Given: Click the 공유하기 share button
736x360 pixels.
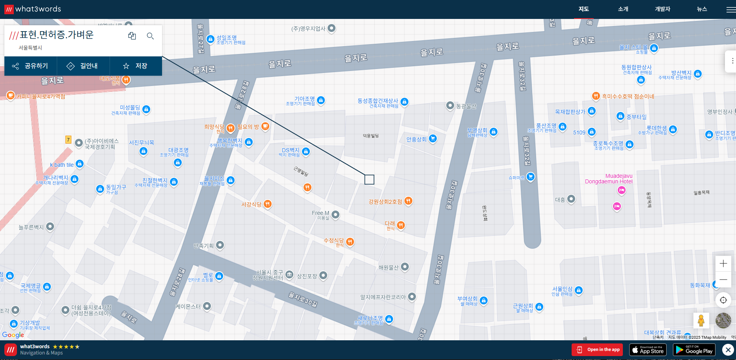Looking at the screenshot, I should [30, 66].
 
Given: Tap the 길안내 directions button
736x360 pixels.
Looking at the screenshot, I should [83, 66].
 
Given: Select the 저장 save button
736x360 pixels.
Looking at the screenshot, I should [135, 66].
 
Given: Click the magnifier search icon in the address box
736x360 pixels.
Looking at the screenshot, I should [150, 36].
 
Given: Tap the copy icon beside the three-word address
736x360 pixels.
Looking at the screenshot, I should [132, 36].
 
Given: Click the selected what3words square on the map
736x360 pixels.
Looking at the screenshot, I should [369, 179].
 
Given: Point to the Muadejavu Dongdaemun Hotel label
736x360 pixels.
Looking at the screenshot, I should [609, 179].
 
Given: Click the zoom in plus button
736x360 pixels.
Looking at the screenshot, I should [723, 263].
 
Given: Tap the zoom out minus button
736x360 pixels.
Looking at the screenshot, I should [723, 280].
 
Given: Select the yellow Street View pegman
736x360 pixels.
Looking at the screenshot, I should [701, 321].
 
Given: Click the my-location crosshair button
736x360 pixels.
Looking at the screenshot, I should [723, 300].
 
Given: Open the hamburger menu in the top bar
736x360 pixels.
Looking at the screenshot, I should [730, 9].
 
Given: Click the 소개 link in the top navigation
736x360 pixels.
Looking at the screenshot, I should [623, 9].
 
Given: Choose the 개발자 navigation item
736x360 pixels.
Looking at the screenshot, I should [662, 9].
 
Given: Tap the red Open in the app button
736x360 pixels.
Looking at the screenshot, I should [597, 350].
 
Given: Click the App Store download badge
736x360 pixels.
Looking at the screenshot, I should [648, 350].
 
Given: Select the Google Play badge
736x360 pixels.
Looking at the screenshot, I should [694, 350].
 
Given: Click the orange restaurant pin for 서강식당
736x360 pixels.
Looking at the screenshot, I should [268, 204].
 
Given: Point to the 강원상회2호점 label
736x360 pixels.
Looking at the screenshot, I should [385, 201].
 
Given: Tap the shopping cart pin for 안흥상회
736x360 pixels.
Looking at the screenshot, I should [433, 138].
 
